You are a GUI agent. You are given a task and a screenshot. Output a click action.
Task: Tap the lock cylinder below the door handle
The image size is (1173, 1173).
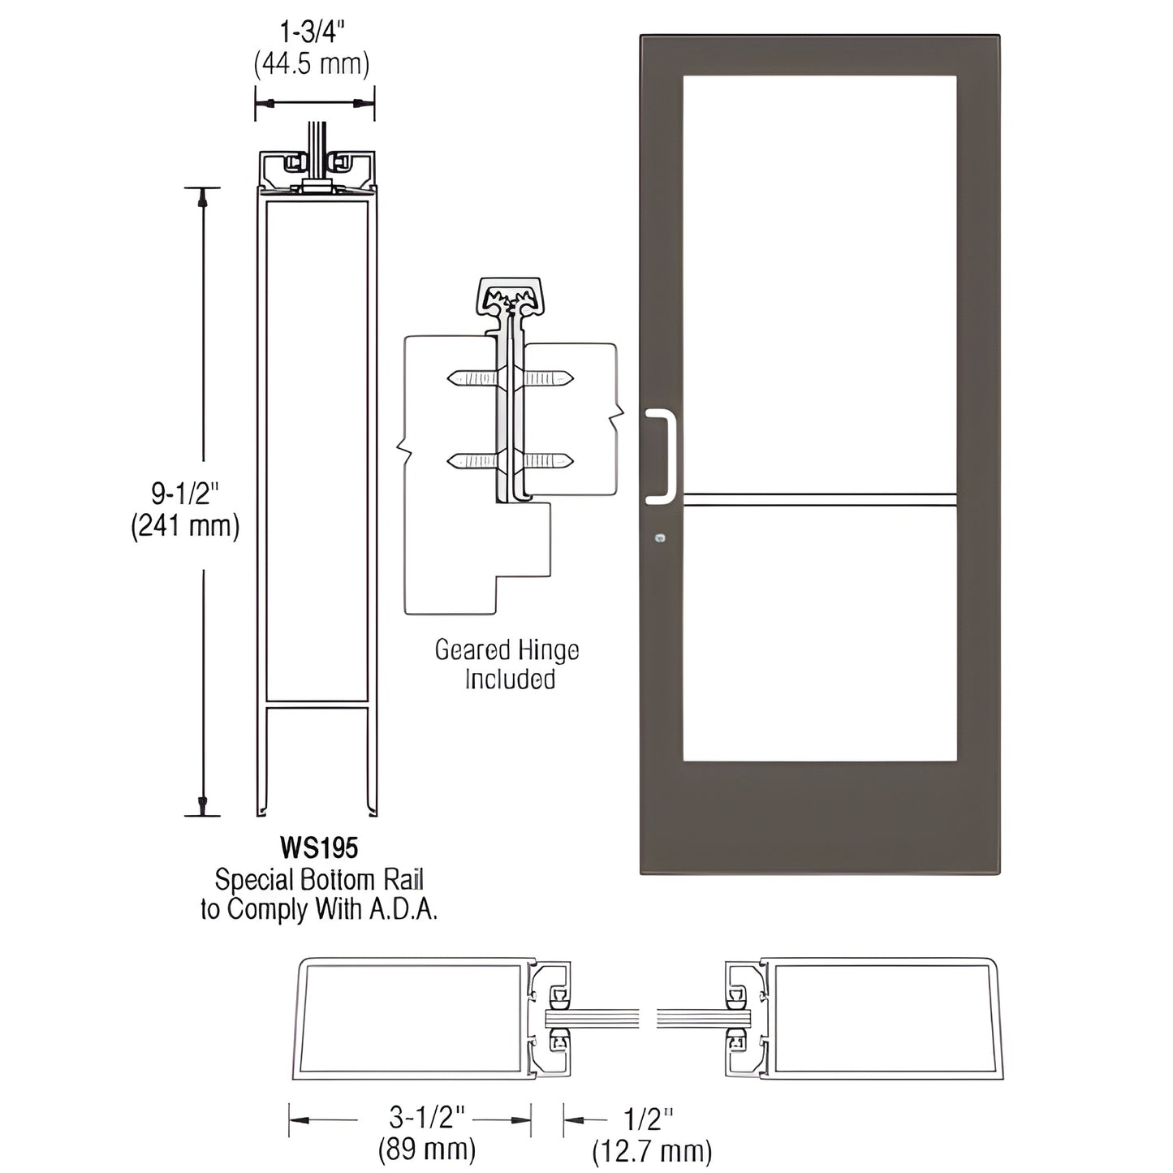coord(660,537)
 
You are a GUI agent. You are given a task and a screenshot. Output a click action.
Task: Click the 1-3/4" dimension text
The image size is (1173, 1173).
coord(313,34)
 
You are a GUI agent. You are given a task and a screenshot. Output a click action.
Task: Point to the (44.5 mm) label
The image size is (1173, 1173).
coord(313,63)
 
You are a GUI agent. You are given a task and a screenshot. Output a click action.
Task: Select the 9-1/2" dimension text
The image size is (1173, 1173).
coord(185,494)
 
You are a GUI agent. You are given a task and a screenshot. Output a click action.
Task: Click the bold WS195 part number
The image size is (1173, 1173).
coord(319,848)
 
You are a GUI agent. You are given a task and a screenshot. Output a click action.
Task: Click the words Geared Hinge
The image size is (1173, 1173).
coord(507,650)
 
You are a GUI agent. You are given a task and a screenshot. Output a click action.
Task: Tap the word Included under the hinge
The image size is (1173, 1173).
coord(510,679)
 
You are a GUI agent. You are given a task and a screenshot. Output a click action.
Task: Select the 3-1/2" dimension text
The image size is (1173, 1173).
coord(427,1119)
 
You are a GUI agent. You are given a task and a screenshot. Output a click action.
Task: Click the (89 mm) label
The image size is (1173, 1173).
coord(427,1149)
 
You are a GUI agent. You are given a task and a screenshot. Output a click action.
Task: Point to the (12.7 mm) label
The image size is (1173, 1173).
coord(653,1151)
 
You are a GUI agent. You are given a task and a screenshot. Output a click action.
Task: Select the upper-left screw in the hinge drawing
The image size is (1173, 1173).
coord(471,377)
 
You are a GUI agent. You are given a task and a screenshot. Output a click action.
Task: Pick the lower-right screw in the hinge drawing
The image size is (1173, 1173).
coord(550,462)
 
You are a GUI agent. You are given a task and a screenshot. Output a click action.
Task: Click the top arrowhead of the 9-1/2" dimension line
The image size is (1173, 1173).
coord(203,196)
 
